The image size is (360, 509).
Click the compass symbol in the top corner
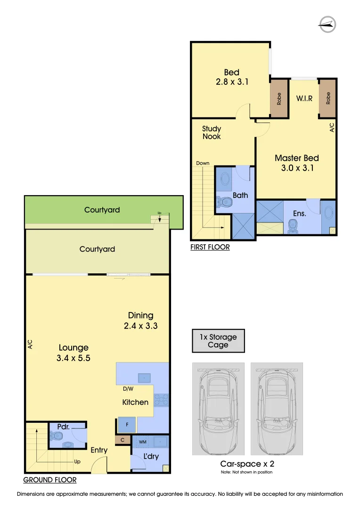pyautogui.click(x=327, y=23)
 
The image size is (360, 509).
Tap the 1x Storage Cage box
pyautogui.click(x=218, y=341)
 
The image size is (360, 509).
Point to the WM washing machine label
pyautogui.click(x=142, y=443)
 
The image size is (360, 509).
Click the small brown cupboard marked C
pyautogui.click(x=123, y=440)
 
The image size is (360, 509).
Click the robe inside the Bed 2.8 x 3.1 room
pyautogui.click(x=279, y=99)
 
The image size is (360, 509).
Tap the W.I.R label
pyautogui.click(x=304, y=99)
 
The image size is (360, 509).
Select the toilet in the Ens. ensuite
pyautogui.click(x=293, y=227)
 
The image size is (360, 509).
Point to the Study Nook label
pyautogui.click(x=212, y=132)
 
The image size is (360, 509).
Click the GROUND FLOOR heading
pyautogui.click(x=50, y=480)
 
